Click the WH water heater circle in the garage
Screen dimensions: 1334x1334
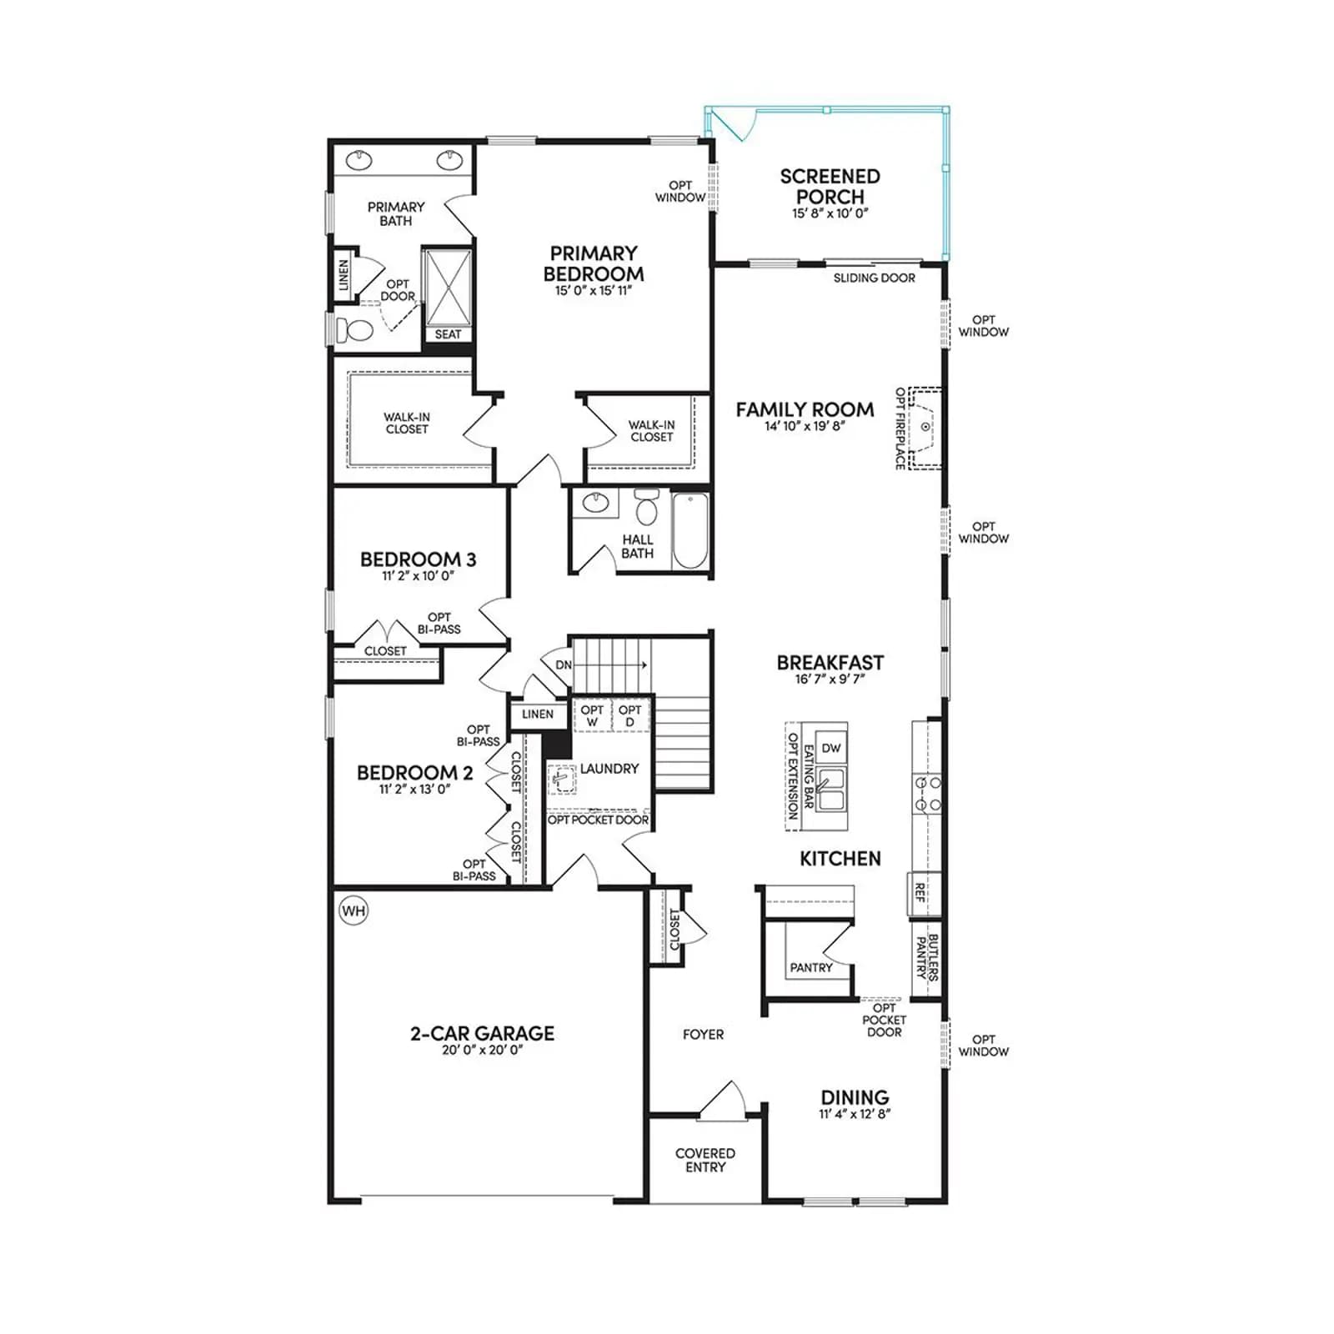[x=354, y=910]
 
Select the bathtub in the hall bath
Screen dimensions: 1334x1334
[x=690, y=531]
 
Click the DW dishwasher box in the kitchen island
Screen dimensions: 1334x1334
[x=831, y=748]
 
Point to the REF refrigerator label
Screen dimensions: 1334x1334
[x=920, y=893]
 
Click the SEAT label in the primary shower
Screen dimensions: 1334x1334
[x=448, y=334]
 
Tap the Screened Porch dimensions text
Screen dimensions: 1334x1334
[x=830, y=213]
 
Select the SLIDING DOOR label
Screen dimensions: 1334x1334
[x=875, y=278]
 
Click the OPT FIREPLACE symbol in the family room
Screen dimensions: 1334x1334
[x=925, y=427]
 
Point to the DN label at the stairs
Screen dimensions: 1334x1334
[x=564, y=664]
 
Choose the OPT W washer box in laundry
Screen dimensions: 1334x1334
[x=592, y=715]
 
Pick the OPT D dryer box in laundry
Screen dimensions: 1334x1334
[x=630, y=715]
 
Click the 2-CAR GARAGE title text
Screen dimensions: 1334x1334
[x=482, y=1033]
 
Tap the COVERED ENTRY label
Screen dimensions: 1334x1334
[x=705, y=1160]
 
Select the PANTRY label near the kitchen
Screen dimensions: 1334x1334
[x=811, y=968]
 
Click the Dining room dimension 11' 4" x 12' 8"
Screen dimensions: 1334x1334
[x=855, y=1114]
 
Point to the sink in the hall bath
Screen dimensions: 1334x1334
[x=595, y=503]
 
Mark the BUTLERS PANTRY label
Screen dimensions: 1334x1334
[x=927, y=957]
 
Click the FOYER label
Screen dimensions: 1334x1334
[x=703, y=1034]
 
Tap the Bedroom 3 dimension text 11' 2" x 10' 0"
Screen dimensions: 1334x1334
[x=418, y=576]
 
